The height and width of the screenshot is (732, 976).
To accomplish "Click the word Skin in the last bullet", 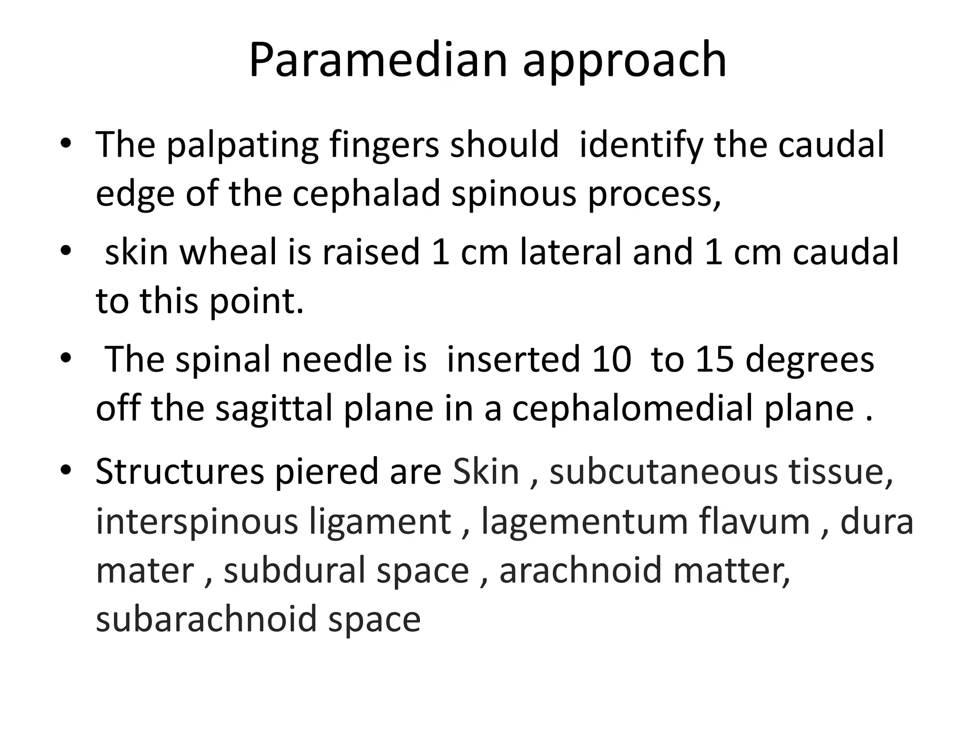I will click(x=486, y=471).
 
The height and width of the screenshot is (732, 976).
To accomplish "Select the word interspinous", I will click(x=196, y=521).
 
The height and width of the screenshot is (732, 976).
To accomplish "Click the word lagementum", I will click(x=585, y=522).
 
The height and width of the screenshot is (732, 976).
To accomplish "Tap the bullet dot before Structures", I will click(x=65, y=471).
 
